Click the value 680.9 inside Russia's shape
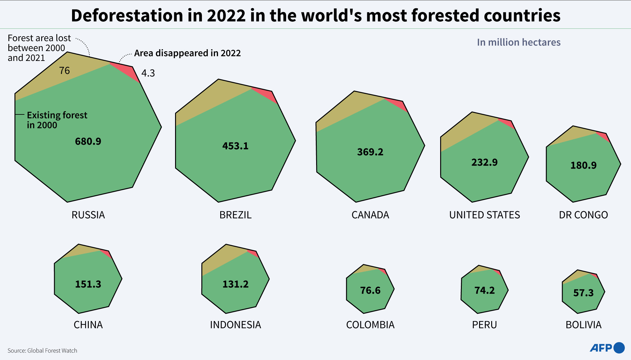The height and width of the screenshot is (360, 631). coord(88,141)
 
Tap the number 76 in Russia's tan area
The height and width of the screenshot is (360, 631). coord(65,71)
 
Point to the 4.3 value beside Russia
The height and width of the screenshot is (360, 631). coord(148,73)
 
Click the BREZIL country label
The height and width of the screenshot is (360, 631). coord(235,215)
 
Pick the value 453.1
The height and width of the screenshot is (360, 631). coord(235,146)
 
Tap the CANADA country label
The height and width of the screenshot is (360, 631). coord(370,215)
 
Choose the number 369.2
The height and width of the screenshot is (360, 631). coord(370,152)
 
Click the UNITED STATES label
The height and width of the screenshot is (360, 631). coord(484,215)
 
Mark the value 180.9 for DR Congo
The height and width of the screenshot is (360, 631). coord(583,165)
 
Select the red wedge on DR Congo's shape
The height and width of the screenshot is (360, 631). coord(604,136)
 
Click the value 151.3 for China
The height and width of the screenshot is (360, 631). coord(88,284)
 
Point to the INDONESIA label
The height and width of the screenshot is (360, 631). coord(235,325)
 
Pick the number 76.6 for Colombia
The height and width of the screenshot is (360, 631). coord(370,290)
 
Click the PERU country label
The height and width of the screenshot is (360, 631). coord(484,325)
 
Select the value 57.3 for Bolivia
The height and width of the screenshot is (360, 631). coord(583,293)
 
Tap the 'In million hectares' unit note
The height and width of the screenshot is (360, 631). coord(518,42)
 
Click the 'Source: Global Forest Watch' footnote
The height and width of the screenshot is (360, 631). coord(42,350)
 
